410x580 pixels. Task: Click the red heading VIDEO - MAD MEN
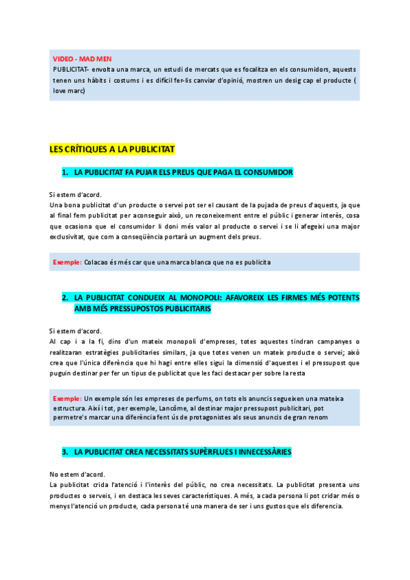pyautogui.click(x=77, y=59)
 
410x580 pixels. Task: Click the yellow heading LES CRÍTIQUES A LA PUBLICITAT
pyautogui.click(x=112, y=149)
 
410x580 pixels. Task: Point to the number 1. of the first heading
pyautogui.click(x=66, y=172)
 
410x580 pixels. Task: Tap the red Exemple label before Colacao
pyautogui.click(x=68, y=262)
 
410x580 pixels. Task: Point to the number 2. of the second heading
pyautogui.click(x=66, y=298)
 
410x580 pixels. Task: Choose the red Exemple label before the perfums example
pyautogui.click(x=68, y=398)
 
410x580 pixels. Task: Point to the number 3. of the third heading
pyautogui.click(x=66, y=452)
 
